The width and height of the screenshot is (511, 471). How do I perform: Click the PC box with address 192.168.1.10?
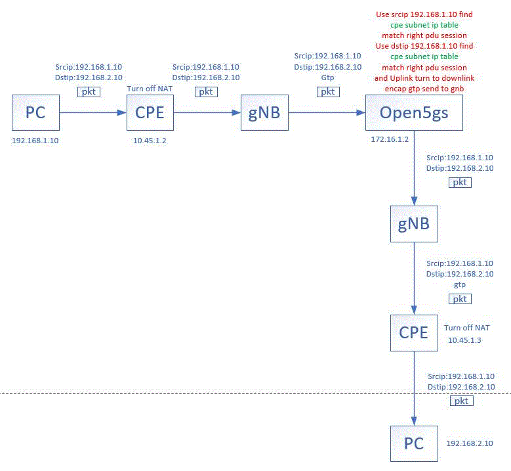[x=35, y=113]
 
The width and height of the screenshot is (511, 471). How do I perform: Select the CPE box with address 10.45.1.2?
[x=150, y=113]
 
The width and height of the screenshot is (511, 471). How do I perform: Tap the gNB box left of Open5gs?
[x=264, y=113]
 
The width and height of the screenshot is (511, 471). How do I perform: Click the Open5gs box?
[x=414, y=113]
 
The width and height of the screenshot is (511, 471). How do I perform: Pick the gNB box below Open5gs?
[x=414, y=224]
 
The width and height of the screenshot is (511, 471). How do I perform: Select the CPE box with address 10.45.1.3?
[x=414, y=333]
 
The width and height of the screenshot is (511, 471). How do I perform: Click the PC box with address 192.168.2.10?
[x=414, y=443]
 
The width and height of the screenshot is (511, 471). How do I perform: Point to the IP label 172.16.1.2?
[x=390, y=140]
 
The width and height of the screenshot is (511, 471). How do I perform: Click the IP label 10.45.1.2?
[x=150, y=141]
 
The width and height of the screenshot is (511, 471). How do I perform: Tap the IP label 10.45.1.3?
[x=464, y=340]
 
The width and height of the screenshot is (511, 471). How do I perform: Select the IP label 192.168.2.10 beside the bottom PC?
[x=470, y=443]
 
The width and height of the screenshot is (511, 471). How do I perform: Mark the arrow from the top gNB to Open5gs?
[x=327, y=113]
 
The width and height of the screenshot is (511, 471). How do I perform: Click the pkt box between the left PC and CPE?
[x=89, y=92]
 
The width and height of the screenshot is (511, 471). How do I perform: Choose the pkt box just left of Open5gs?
[x=327, y=92]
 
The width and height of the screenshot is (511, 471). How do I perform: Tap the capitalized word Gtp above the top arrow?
[x=327, y=78]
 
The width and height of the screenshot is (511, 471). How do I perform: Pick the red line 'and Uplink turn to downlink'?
[x=424, y=78]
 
